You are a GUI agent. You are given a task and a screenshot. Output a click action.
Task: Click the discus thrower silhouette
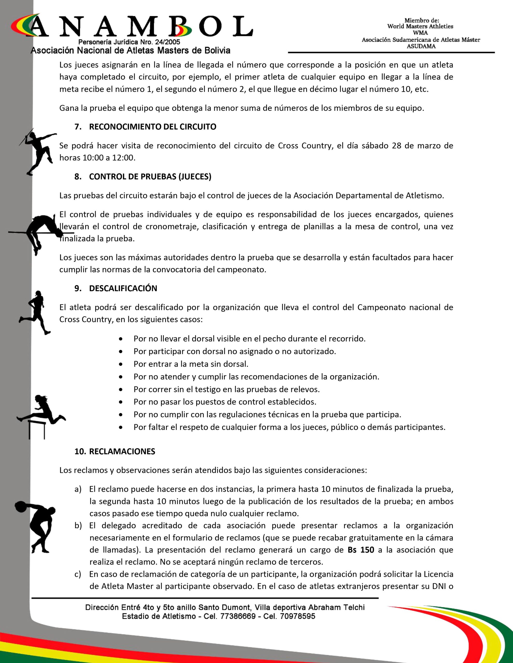[37, 527]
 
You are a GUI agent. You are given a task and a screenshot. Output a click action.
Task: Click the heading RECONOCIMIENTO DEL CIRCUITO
[152, 127]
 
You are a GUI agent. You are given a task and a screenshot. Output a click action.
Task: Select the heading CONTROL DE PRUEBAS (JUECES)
[150, 177]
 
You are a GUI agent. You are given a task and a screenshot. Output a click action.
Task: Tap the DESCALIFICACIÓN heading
[123, 289]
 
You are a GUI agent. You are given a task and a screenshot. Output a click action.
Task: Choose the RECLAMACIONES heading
[122, 451]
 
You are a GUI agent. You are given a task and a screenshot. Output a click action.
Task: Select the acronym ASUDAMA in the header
[421, 46]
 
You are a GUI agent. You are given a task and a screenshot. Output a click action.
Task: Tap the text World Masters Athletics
[420, 26]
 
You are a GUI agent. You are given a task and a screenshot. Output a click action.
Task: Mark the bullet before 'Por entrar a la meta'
[121, 364]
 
